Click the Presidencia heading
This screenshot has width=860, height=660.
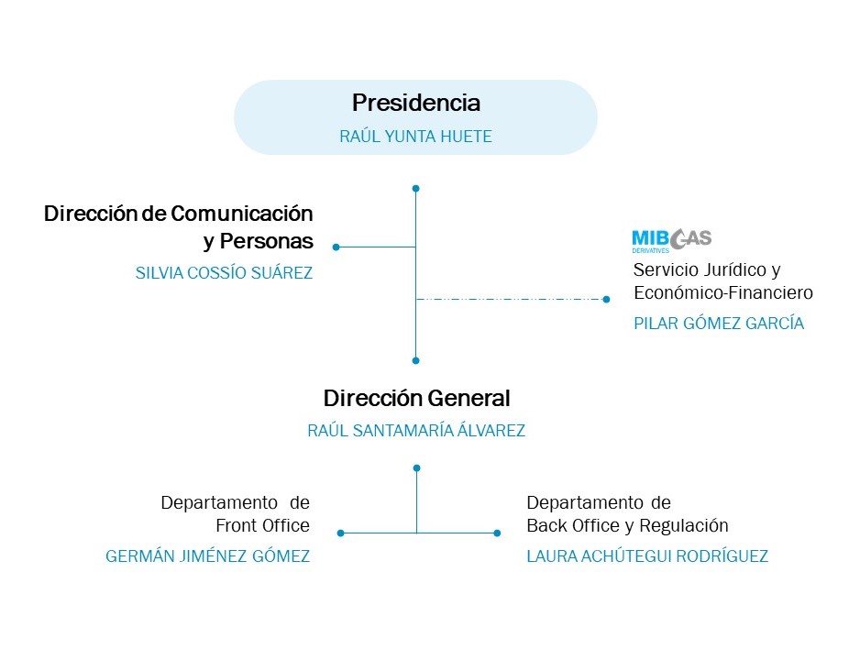pyautogui.click(x=415, y=103)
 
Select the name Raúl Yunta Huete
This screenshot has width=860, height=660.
pyautogui.click(x=415, y=137)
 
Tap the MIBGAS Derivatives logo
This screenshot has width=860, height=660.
pyautogui.click(x=671, y=240)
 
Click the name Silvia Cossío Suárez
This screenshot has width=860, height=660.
pyautogui.click(x=224, y=272)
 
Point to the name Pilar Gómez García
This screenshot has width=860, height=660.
pyautogui.click(x=719, y=324)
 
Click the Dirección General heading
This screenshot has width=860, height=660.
pyautogui.click(x=416, y=399)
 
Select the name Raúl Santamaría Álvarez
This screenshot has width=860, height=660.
pyautogui.click(x=416, y=431)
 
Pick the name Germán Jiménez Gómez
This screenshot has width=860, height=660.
pyautogui.click(x=208, y=556)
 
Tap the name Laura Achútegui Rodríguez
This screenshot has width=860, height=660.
pyautogui.click(x=647, y=556)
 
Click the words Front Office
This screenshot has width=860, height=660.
pyautogui.click(x=263, y=526)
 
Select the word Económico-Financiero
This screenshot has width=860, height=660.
pyautogui.click(x=723, y=293)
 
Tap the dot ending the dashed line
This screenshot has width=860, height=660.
pyautogui.click(x=606, y=299)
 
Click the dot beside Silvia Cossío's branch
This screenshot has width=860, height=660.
pyautogui.click(x=336, y=247)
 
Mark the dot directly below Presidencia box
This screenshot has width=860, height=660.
pyautogui.click(x=416, y=189)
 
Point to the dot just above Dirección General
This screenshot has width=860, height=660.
pyautogui.click(x=416, y=360)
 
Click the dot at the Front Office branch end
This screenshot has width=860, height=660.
pyautogui.click(x=341, y=533)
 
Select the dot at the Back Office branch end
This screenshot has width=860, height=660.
pyautogui.click(x=497, y=533)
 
